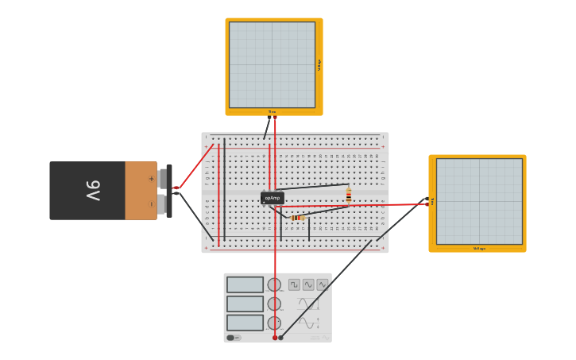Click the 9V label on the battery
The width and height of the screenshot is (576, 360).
tap(93, 191)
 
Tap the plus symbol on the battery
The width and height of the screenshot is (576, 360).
tap(151, 179)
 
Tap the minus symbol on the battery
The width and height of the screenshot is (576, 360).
tap(151, 204)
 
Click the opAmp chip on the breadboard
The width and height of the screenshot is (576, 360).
tap(273, 198)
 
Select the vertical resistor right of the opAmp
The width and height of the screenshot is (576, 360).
tap(348, 195)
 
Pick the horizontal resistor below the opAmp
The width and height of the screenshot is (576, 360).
tap(297, 217)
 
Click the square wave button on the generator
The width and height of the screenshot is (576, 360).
tap(294, 285)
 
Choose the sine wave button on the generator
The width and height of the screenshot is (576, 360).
tap(308, 285)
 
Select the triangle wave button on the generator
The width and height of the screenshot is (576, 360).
tap(322, 285)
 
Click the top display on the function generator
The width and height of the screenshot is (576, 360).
tap(245, 285)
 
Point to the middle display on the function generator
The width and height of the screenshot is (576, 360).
tap(245, 304)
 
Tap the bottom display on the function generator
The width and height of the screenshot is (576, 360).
tap(245, 323)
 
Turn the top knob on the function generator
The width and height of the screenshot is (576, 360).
tap(274, 285)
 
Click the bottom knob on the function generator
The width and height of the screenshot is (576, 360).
tap(274, 323)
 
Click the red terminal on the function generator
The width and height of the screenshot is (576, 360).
tap(275, 338)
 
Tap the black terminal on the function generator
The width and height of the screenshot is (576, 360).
tap(280, 338)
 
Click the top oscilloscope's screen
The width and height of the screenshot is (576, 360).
tap(273, 64)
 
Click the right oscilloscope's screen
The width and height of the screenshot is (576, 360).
tap(479, 201)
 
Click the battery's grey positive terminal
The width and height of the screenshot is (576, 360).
tap(162, 178)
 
